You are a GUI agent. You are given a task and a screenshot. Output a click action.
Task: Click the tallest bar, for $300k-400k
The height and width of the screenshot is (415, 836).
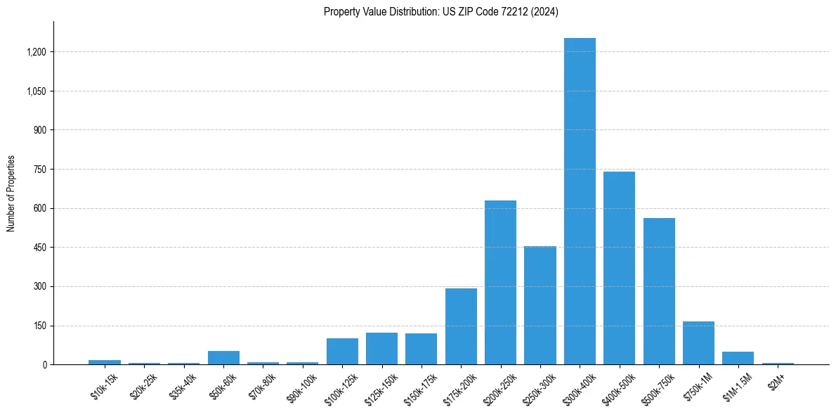580,201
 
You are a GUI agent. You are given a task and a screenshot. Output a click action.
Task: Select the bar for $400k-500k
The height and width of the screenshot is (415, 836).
619,268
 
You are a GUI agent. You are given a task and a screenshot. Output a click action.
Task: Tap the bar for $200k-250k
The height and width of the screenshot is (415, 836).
500,283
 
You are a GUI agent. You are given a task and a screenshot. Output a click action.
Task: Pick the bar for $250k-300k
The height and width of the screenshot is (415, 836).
540,305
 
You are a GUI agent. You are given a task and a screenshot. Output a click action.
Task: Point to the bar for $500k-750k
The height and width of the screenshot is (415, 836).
659,291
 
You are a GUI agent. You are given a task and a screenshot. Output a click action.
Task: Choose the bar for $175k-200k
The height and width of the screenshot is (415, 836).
461,326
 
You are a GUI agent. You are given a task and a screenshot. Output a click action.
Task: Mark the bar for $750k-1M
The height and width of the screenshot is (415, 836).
698,343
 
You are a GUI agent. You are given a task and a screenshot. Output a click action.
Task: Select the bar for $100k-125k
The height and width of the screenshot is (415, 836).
342,352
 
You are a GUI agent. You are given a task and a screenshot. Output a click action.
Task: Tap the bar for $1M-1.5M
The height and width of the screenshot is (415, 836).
738,358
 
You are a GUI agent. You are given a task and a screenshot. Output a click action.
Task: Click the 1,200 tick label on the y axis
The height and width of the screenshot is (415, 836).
37,52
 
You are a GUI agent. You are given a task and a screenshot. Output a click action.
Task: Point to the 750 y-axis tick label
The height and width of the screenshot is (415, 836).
40,170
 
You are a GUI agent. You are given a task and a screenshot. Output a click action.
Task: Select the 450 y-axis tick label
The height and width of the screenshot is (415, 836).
40,248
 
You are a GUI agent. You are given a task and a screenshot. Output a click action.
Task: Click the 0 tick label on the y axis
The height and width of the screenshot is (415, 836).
45,365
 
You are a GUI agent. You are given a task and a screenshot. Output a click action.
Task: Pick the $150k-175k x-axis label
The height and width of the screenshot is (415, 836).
419,390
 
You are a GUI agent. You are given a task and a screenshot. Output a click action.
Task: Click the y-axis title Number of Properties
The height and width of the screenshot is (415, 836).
11,193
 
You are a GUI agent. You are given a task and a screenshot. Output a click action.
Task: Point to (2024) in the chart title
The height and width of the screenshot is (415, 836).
544,12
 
